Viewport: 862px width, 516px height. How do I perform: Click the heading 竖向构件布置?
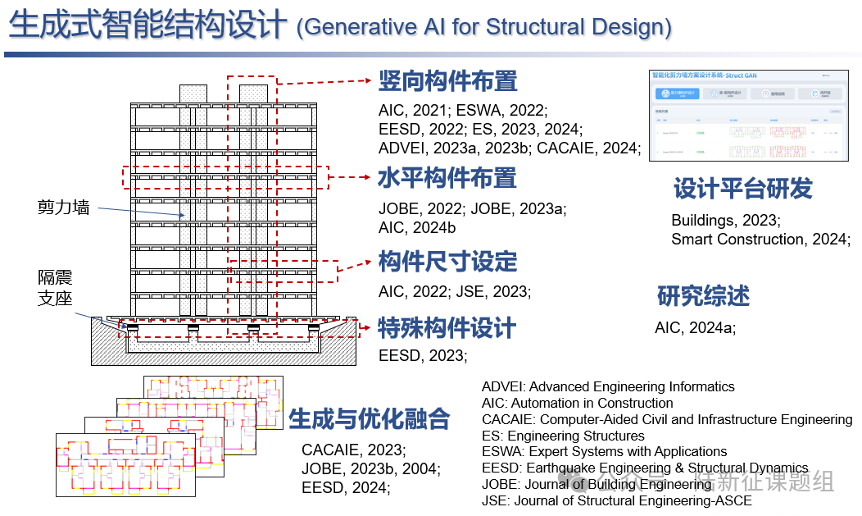pos(447,81)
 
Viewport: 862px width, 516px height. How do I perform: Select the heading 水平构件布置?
pos(447,177)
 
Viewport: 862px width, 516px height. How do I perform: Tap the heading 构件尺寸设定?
pos(447,262)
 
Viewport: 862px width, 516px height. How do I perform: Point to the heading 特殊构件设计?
pos(447,328)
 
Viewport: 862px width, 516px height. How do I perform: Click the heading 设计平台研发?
pos(742,189)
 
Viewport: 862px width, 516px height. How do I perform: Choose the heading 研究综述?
pos(703,295)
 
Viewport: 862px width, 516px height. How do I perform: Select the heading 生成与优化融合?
pos(370,418)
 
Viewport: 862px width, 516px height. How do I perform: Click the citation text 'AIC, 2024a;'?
pos(695,328)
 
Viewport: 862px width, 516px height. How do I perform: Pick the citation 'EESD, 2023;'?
pos(423,355)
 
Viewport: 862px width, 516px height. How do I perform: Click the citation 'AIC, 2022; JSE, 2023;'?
pos(455,291)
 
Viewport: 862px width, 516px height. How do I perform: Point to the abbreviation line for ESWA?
pos(604,451)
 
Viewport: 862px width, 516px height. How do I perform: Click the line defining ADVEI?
pos(608,386)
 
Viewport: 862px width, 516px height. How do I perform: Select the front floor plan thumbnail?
pos(125,465)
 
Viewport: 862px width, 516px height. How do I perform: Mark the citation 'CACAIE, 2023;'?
pos(353,450)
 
